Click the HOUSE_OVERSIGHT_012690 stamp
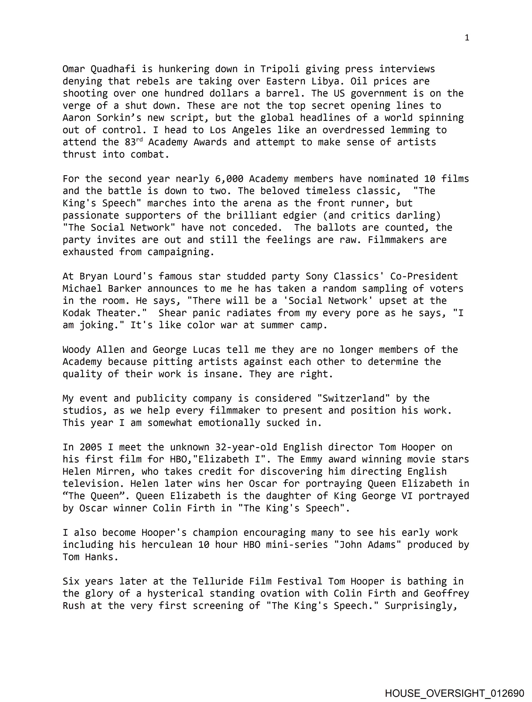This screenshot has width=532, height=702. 454,693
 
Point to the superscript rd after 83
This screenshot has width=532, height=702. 140,140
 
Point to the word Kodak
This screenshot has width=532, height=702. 77,313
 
